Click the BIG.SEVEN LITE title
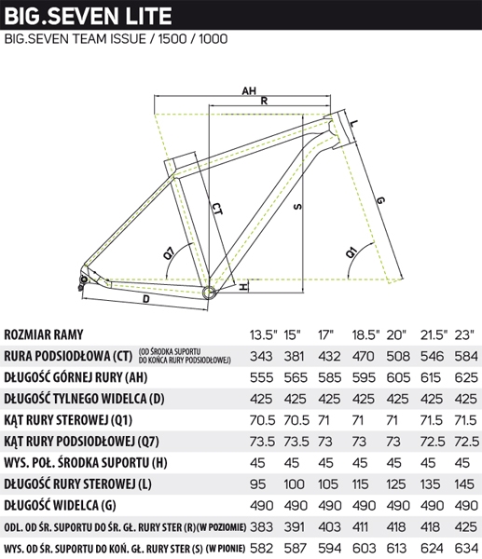pyautogui.click(x=89, y=16)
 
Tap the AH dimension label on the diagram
pyautogui.click(x=249, y=91)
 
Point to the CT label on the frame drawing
pyautogui.click(x=217, y=209)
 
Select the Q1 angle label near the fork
pyautogui.click(x=351, y=252)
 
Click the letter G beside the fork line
pyautogui.click(x=380, y=200)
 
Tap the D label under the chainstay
pyautogui.click(x=146, y=299)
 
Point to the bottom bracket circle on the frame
pyautogui.click(x=210, y=292)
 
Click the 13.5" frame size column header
pyautogui.click(x=263, y=334)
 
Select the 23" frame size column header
pyautogui.click(x=464, y=334)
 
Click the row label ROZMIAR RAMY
pyautogui.click(x=44, y=334)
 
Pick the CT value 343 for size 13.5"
pyautogui.click(x=261, y=356)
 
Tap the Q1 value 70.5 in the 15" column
pyautogui.click(x=296, y=420)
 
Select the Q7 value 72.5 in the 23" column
pyautogui.click(x=467, y=442)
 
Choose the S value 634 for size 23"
pyautogui.click(x=466, y=548)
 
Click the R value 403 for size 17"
pyautogui.click(x=329, y=527)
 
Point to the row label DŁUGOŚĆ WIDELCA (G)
pyautogui.click(x=60, y=506)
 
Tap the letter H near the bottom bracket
pyautogui.click(x=242, y=287)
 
